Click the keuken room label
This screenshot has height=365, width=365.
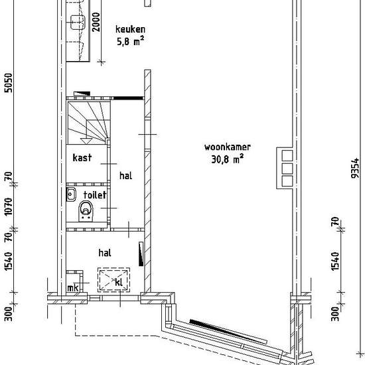click(x=130, y=29)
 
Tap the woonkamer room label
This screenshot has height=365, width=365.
click(x=228, y=147)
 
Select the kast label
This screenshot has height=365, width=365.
click(x=82, y=157)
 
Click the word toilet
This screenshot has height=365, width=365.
click(x=95, y=194)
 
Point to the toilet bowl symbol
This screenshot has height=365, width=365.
click(x=86, y=210)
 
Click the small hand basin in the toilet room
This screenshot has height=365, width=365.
click(x=71, y=194)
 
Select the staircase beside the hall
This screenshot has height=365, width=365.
click(x=88, y=123)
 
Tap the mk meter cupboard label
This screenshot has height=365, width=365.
click(x=73, y=288)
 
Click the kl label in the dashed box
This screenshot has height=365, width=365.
click(x=119, y=282)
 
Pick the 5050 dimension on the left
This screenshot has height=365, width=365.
click(x=9, y=83)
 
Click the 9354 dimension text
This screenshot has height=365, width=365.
click(x=355, y=169)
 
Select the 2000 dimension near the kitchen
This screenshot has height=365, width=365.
click(x=96, y=22)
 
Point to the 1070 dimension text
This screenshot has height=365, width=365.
click(x=9, y=206)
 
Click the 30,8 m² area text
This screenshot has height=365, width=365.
click(x=228, y=159)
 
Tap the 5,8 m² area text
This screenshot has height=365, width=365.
click(x=130, y=41)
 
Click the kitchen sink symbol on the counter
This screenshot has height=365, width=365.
click(x=78, y=23)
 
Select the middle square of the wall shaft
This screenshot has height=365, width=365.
click(x=287, y=169)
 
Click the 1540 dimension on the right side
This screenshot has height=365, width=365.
click(x=335, y=261)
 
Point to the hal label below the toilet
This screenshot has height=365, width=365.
click(x=105, y=253)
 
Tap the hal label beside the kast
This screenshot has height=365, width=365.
click(x=125, y=175)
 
